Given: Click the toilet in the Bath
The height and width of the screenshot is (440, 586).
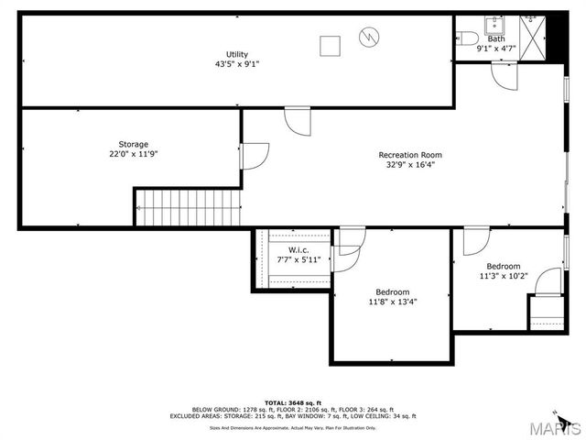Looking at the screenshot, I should (x=467, y=38).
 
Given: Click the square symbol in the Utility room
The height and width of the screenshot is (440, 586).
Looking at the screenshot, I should (x=329, y=44).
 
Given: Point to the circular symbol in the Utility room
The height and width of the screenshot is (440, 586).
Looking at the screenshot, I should (x=367, y=38).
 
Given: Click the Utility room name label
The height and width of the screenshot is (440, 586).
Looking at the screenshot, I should (x=237, y=54).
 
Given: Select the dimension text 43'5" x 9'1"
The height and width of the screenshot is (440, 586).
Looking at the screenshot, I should (x=237, y=65).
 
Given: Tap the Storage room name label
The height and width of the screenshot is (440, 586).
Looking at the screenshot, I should (x=133, y=144).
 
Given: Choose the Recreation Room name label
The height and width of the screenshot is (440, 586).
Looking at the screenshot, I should (x=410, y=155).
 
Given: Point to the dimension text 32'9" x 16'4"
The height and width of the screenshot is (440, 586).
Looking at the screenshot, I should (x=410, y=166).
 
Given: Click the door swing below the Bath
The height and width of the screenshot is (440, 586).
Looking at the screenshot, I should (x=505, y=77).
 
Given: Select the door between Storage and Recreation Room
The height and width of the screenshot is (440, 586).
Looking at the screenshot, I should (x=254, y=156).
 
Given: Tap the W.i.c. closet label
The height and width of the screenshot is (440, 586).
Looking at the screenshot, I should (x=298, y=250).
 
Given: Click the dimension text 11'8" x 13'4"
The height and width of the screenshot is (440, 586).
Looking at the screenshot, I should (x=393, y=302).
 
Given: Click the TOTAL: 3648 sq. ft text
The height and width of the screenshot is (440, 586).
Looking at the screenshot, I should (x=293, y=402).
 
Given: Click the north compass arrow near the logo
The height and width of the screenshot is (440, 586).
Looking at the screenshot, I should (x=554, y=412).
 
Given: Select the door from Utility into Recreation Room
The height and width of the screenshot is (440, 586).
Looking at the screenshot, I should (x=298, y=120).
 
